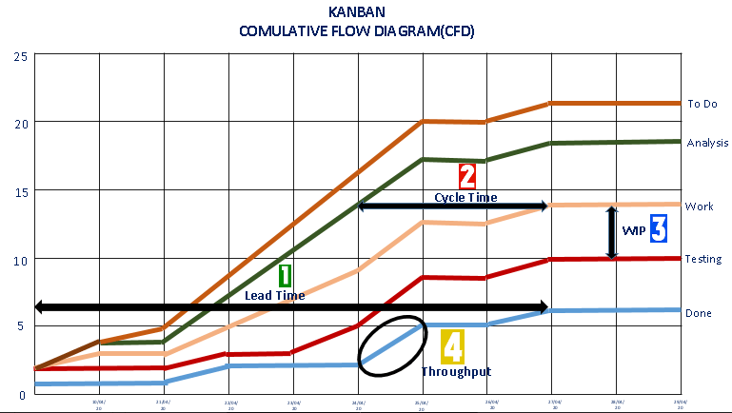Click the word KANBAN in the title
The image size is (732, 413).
(357, 13)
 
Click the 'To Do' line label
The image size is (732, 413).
(702, 104)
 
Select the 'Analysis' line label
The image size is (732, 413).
(707, 143)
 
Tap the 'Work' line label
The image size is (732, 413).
(699, 206)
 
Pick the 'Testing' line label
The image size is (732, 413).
(703, 259)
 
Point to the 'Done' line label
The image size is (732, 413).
(699, 312)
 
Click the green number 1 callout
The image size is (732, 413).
(285, 275)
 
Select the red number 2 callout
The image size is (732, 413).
(467, 176)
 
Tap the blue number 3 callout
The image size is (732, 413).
(658, 227)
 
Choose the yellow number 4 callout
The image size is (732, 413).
(452, 346)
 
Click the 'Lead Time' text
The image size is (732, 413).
(274, 295)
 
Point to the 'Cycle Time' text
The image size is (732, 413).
(465, 197)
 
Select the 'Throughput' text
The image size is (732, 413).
(456, 371)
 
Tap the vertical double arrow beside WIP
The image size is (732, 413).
(611, 232)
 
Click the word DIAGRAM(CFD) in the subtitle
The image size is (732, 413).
(424, 31)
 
